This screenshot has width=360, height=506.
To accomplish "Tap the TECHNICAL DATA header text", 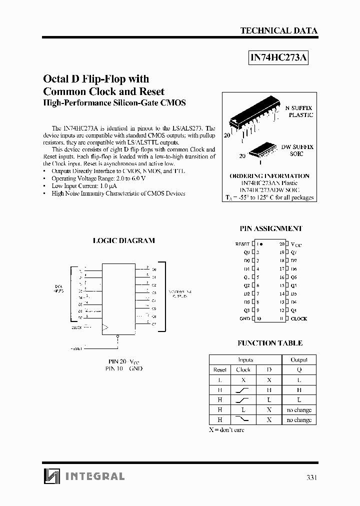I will click(x=278, y=30).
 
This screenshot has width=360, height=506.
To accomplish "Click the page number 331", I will click(x=311, y=477).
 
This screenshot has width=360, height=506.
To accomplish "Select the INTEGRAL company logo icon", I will click(x=51, y=476).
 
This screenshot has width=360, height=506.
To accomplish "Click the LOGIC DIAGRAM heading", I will click(x=124, y=240).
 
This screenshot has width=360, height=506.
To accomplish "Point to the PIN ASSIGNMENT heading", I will click(x=271, y=228).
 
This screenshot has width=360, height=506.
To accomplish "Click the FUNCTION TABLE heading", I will click(x=269, y=343).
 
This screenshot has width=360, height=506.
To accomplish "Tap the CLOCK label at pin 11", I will click(x=299, y=318).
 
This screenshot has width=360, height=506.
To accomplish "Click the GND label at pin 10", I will click(x=244, y=318).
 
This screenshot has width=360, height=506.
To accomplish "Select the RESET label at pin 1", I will click(x=242, y=244).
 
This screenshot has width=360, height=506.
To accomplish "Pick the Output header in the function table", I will click(x=299, y=359).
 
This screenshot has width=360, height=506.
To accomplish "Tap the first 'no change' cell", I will click(x=299, y=410).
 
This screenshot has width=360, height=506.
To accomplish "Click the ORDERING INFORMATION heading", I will click(x=269, y=176).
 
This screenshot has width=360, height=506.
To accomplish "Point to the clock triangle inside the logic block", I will click(x=105, y=328).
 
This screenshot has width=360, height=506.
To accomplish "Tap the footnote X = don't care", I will click(x=226, y=430).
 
